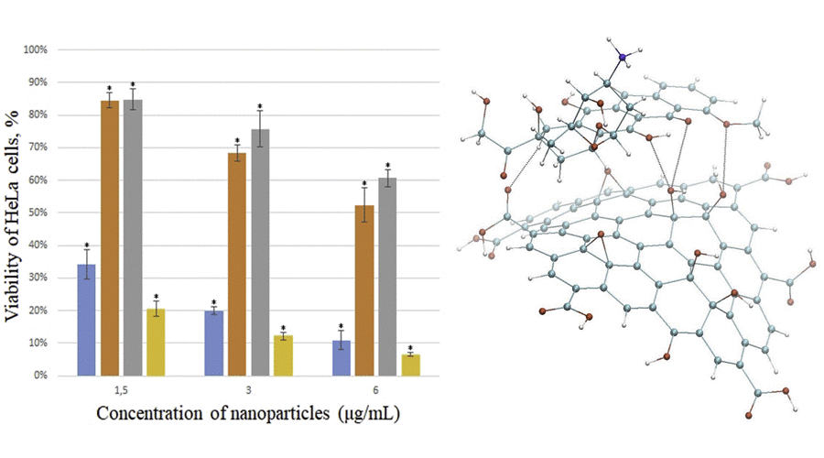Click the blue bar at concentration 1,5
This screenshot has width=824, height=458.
pyautogui.click(x=87, y=320)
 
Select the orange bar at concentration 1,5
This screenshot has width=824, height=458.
pyautogui.click(x=110, y=237)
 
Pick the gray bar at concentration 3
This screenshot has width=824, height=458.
pyautogui.click(x=260, y=252)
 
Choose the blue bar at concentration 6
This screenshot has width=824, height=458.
pyautogui.click(x=341, y=358)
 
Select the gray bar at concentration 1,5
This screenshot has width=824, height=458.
pyautogui.click(x=133, y=237)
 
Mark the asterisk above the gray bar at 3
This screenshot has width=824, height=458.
pyautogui.click(x=260, y=106)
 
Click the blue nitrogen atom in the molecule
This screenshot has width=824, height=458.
pyautogui.click(x=623, y=58)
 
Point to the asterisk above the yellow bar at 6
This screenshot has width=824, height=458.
pyautogui.click(x=410, y=348)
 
